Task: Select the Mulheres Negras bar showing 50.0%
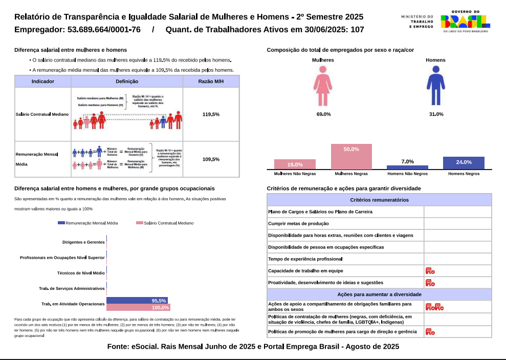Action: (351, 157)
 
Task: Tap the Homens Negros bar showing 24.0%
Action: (464, 163)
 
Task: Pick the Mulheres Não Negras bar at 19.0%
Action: (295, 164)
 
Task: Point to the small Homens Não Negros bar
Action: (407, 167)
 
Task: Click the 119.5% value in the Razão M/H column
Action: (211, 114)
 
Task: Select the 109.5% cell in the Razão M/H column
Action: (211, 159)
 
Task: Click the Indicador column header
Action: (43, 81)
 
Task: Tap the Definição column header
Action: (127, 81)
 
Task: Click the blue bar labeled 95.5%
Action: (137, 301)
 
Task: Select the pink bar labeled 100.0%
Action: (138, 307)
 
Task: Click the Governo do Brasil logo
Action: (465, 22)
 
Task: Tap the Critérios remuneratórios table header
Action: (379, 200)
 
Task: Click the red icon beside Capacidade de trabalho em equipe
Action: (430, 271)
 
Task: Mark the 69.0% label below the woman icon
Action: (323, 114)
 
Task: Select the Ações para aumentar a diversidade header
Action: (379, 294)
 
